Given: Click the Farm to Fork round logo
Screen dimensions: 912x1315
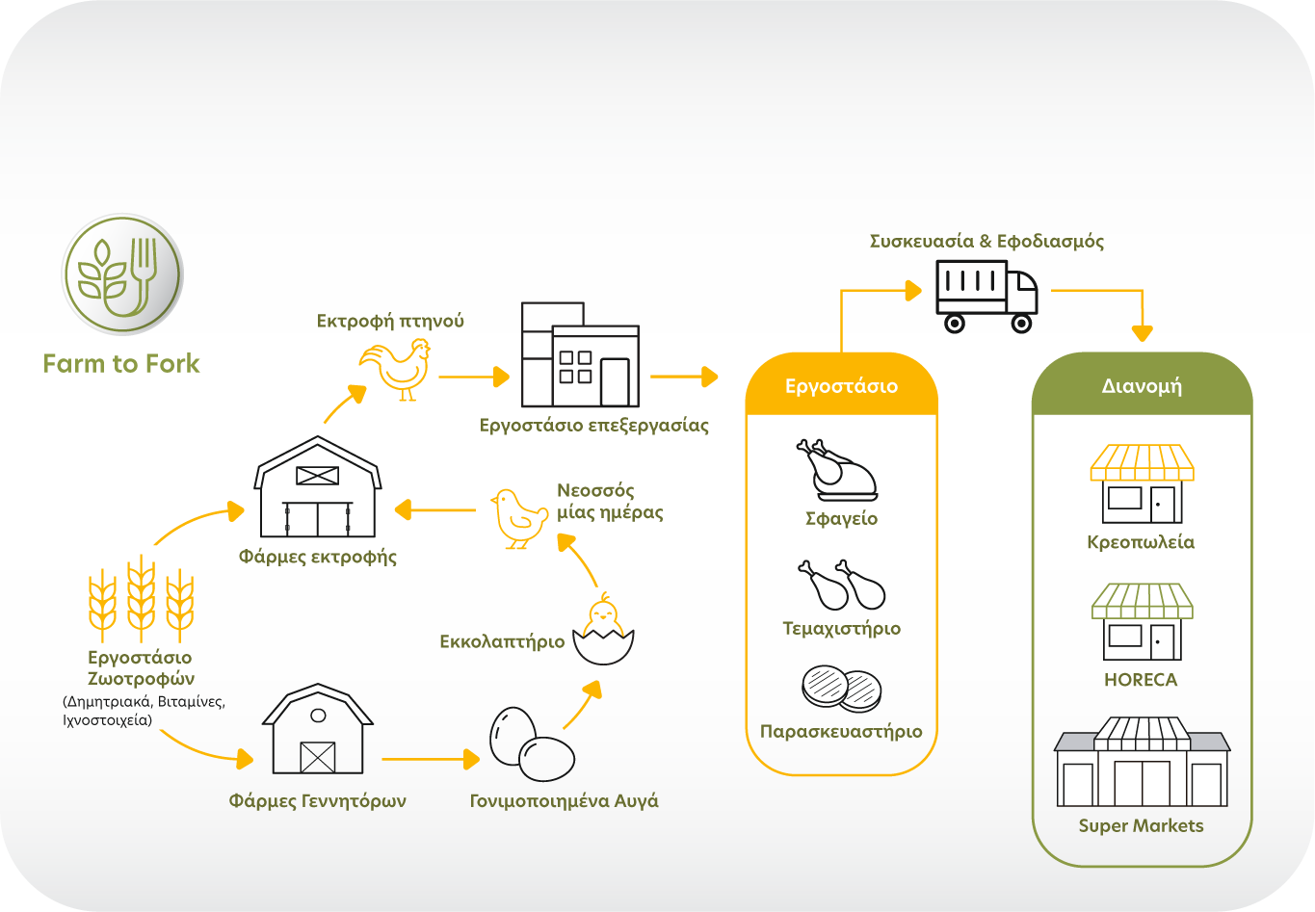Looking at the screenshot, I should tap(122, 274).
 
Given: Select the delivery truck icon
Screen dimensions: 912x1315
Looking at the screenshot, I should tap(986, 296).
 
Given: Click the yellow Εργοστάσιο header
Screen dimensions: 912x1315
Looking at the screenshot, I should tap(841, 386).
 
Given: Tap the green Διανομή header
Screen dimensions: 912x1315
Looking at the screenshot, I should tap(1142, 386).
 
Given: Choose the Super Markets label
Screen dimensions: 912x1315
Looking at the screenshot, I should tap(1142, 825).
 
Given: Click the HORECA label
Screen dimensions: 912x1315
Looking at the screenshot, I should tap(1142, 680).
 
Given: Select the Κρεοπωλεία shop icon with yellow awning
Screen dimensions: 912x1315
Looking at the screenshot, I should tap(1142, 482).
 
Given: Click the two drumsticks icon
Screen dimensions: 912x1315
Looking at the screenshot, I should tap(840, 585).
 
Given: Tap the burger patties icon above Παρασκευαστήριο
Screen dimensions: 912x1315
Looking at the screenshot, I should tap(841, 688).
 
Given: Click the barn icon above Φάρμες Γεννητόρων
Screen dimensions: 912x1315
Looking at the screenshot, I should tap(318, 729).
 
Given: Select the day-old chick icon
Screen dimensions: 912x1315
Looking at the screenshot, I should tap(518, 517).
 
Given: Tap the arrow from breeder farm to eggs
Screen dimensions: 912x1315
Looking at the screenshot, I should tap(430, 760).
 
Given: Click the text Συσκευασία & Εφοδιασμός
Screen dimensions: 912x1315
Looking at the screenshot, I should tap(986, 241).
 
